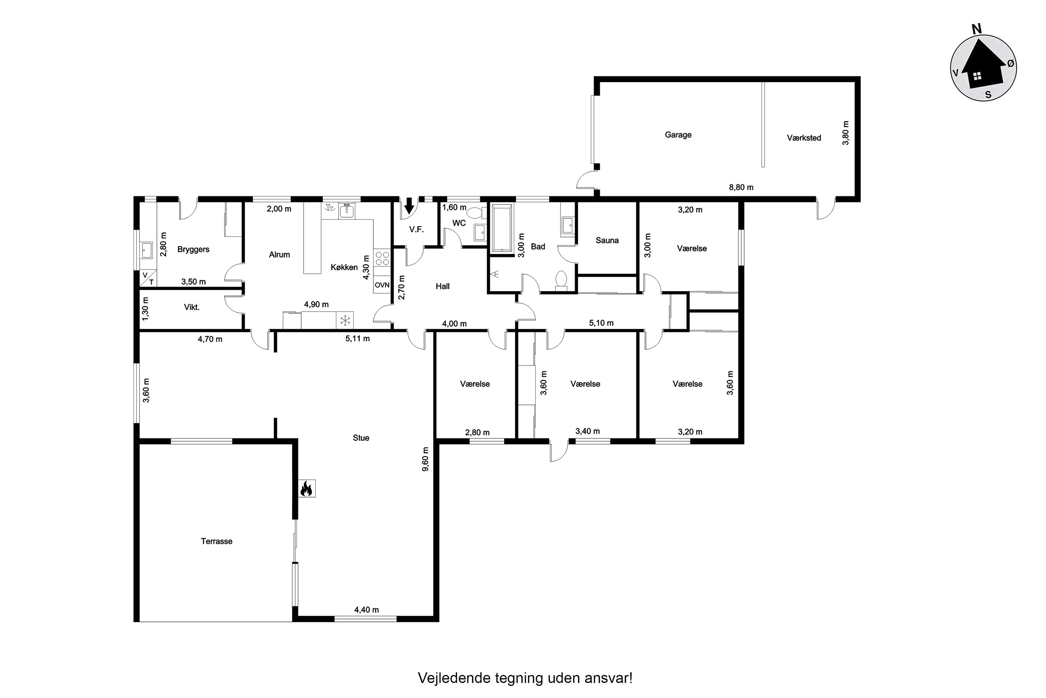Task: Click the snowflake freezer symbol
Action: pyautogui.click(x=345, y=320)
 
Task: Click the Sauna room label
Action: pyautogui.click(x=607, y=240)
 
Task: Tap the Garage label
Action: pyautogui.click(x=678, y=135)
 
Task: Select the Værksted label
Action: pyautogui.click(x=804, y=138)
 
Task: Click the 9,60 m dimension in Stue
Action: pyautogui.click(x=426, y=459)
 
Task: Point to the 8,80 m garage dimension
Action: pyautogui.click(x=741, y=187)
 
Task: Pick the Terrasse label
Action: pyautogui.click(x=217, y=541)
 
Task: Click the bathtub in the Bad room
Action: pyautogui.click(x=502, y=228)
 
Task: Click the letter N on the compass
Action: pyautogui.click(x=977, y=30)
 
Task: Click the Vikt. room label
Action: pyautogui.click(x=192, y=307)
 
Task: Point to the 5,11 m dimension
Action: pyautogui.click(x=358, y=339)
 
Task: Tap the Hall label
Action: pyautogui.click(x=442, y=286)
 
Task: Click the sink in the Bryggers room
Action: pyautogui.click(x=146, y=251)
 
